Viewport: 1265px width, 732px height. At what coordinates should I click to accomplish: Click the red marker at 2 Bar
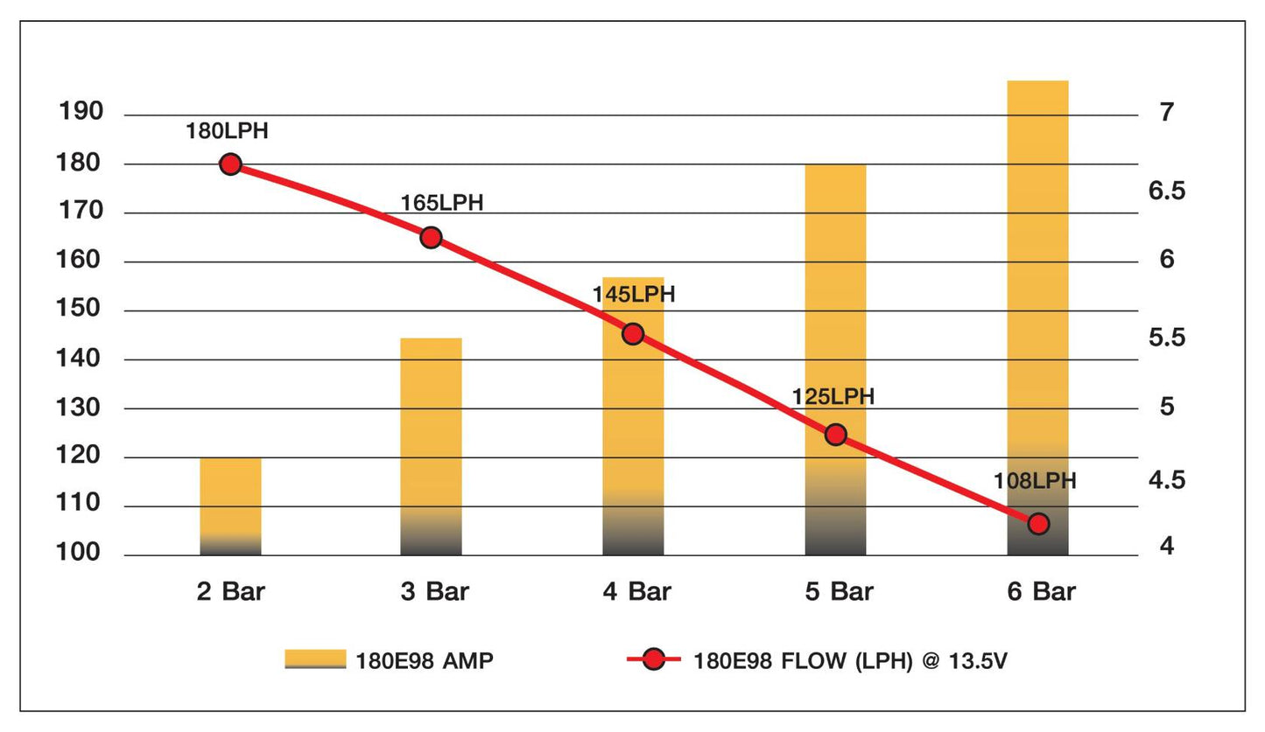(x=230, y=164)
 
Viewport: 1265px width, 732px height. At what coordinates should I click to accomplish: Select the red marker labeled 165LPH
(x=431, y=237)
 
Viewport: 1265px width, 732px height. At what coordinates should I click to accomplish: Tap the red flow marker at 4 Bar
(x=633, y=334)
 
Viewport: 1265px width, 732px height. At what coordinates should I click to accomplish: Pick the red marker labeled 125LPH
(x=836, y=435)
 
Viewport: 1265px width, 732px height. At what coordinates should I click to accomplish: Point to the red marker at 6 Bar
(x=1038, y=524)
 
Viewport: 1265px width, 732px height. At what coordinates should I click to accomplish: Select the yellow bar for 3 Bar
(x=431, y=446)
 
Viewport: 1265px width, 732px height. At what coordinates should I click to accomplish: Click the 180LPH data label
(x=227, y=132)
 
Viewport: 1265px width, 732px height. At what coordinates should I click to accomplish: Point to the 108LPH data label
(x=1035, y=481)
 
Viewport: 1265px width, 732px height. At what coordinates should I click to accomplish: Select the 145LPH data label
(x=634, y=295)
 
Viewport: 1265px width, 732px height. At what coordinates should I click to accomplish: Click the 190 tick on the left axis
(x=81, y=112)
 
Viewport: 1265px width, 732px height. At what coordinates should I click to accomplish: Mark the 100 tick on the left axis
(x=81, y=554)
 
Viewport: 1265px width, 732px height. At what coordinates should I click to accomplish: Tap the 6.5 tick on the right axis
(x=1166, y=190)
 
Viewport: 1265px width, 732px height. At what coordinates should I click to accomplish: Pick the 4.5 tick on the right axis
(x=1166, y=480)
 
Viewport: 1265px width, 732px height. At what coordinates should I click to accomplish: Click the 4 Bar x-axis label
(x=636, y=592)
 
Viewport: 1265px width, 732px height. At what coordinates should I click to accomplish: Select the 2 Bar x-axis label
(x=230, y=592)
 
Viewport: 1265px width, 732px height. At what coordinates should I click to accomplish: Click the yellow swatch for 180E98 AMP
(x=315, y=660)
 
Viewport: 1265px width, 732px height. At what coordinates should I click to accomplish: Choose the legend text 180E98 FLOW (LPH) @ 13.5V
(x=850, y=661)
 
